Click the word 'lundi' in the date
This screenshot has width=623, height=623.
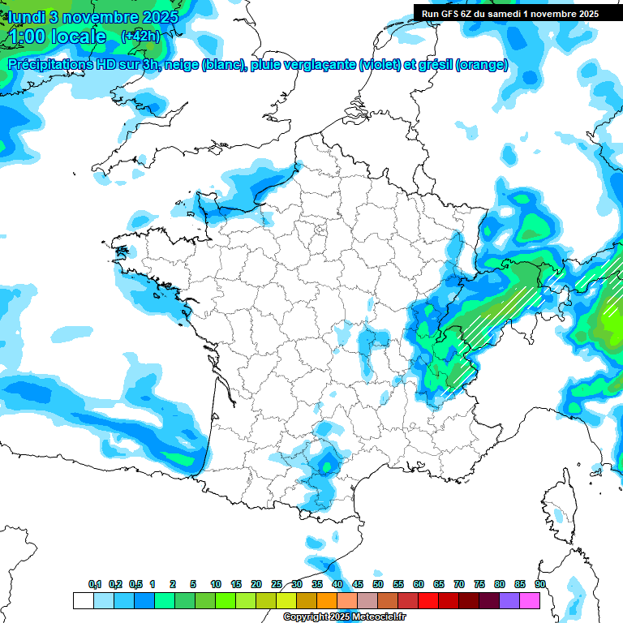point(28,16)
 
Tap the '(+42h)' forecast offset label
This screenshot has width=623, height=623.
point(140,37)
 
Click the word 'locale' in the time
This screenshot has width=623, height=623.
point(77,37)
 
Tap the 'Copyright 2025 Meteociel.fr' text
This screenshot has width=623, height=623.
point(344,617)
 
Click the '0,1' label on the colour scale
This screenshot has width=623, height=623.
point(94,585)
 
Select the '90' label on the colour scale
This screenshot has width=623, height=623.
point(539,585)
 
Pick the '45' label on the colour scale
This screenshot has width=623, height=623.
point(358,585)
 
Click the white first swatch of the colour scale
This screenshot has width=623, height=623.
point(84,600)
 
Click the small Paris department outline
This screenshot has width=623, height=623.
point(319,230)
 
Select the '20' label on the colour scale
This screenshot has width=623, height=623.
point(256,585)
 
